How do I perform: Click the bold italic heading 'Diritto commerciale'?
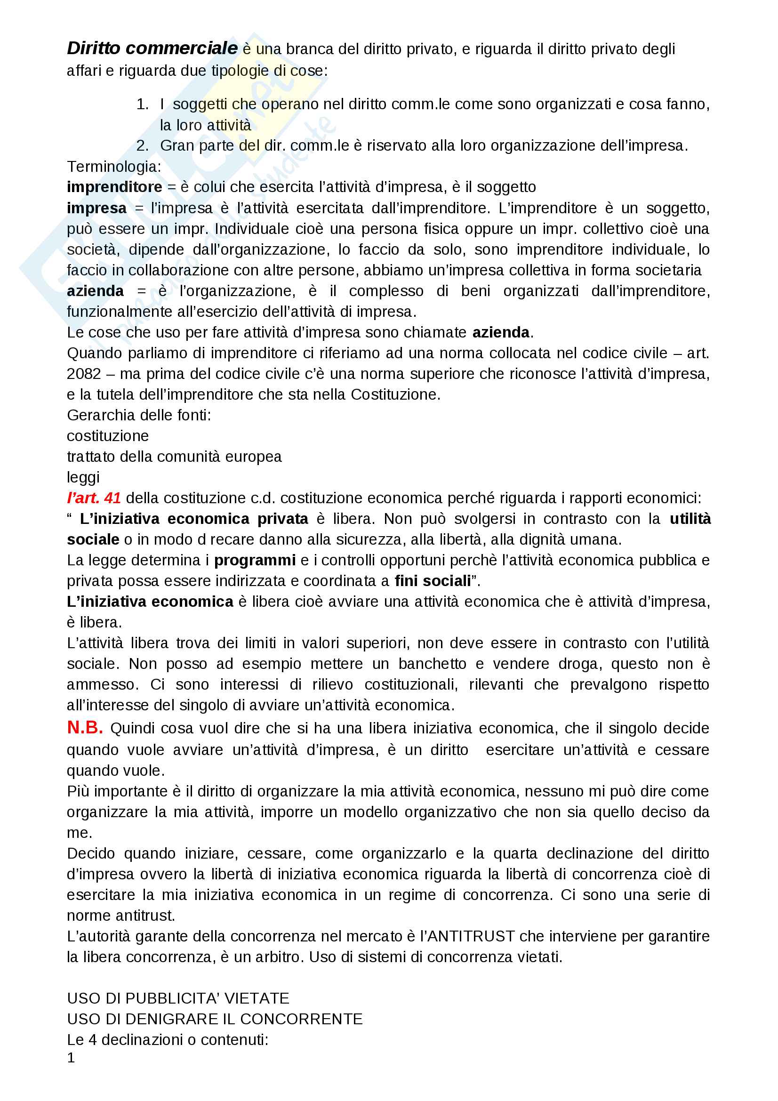tap(152, 48)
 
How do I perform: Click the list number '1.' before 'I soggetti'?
tap(142, 104)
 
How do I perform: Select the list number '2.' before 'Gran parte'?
tap(142, 146)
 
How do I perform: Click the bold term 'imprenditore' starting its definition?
tap(114, 187)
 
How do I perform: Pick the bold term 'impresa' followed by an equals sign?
tap(97, 208)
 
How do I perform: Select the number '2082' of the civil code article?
tap(84, 374)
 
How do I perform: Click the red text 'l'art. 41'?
tap(94, 498)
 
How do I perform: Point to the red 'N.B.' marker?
tap(85, 727)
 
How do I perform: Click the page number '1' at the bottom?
tap(71, 1058)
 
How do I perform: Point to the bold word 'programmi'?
tap(255, 561)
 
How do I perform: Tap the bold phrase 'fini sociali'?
tap(433, 581)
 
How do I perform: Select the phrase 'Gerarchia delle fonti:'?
tap(139, 415)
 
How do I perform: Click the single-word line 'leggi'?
tap(83, 478)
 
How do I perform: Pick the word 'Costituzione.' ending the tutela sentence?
tap(395, 394)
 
